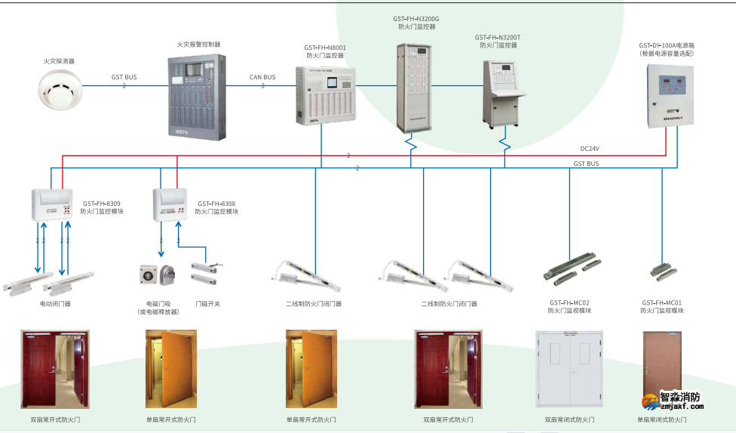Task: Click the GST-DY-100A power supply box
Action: (x=670, y=94)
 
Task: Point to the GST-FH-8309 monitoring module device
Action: (x=51, y=204)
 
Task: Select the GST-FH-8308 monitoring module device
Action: (x=170, y=204)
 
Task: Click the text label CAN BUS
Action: (x=262, y=77)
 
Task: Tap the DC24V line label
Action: (x=590, y=149)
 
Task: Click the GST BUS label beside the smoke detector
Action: (x=124, y=77)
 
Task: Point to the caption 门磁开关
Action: (x=207, y=304)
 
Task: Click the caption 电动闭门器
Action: (x=55, y=304)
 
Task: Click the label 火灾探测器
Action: (x=59, y=61)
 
